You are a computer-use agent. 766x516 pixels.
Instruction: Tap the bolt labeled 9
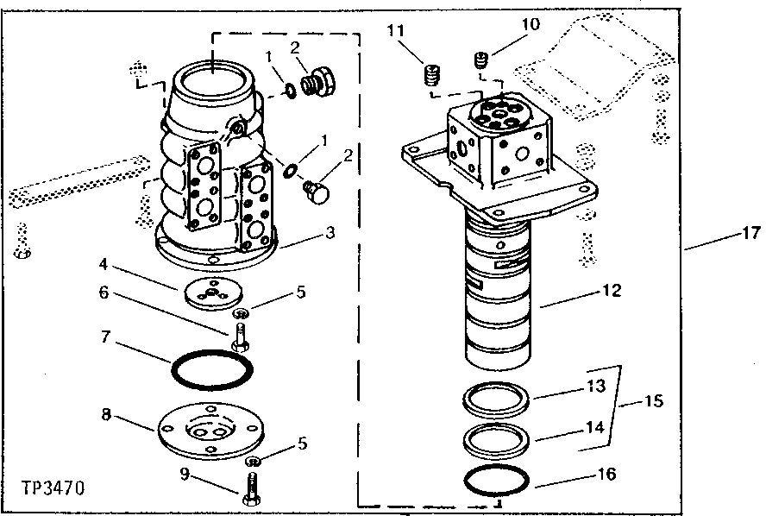pos(252,488)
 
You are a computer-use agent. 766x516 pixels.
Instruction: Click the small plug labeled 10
pos(482,60)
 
